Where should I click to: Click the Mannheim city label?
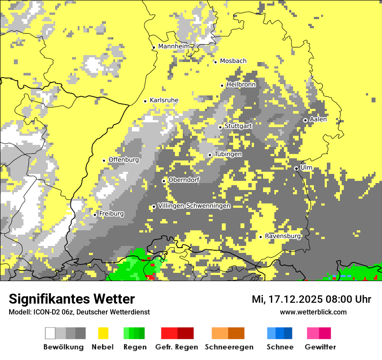(174, 46)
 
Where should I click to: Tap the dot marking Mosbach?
(215, 62)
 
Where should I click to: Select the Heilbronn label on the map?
(241, 85)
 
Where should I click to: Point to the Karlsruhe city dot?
(145, 101)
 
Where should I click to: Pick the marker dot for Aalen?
(305, 120)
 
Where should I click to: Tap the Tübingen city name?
(228, 154)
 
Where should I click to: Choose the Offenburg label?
(124, 160)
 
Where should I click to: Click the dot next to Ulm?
(296, 168)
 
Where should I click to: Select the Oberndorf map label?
(184, 180)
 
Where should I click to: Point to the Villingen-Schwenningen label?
(194, 206)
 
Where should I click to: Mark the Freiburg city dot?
(95, 215)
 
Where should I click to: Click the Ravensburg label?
(283, 236)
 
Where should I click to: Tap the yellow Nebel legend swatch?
(103, 333)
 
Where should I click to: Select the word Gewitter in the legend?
(320, 347)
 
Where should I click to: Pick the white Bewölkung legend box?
(50, 333)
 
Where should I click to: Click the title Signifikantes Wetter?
(72, 299)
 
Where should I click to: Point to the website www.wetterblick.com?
(313, 312)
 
